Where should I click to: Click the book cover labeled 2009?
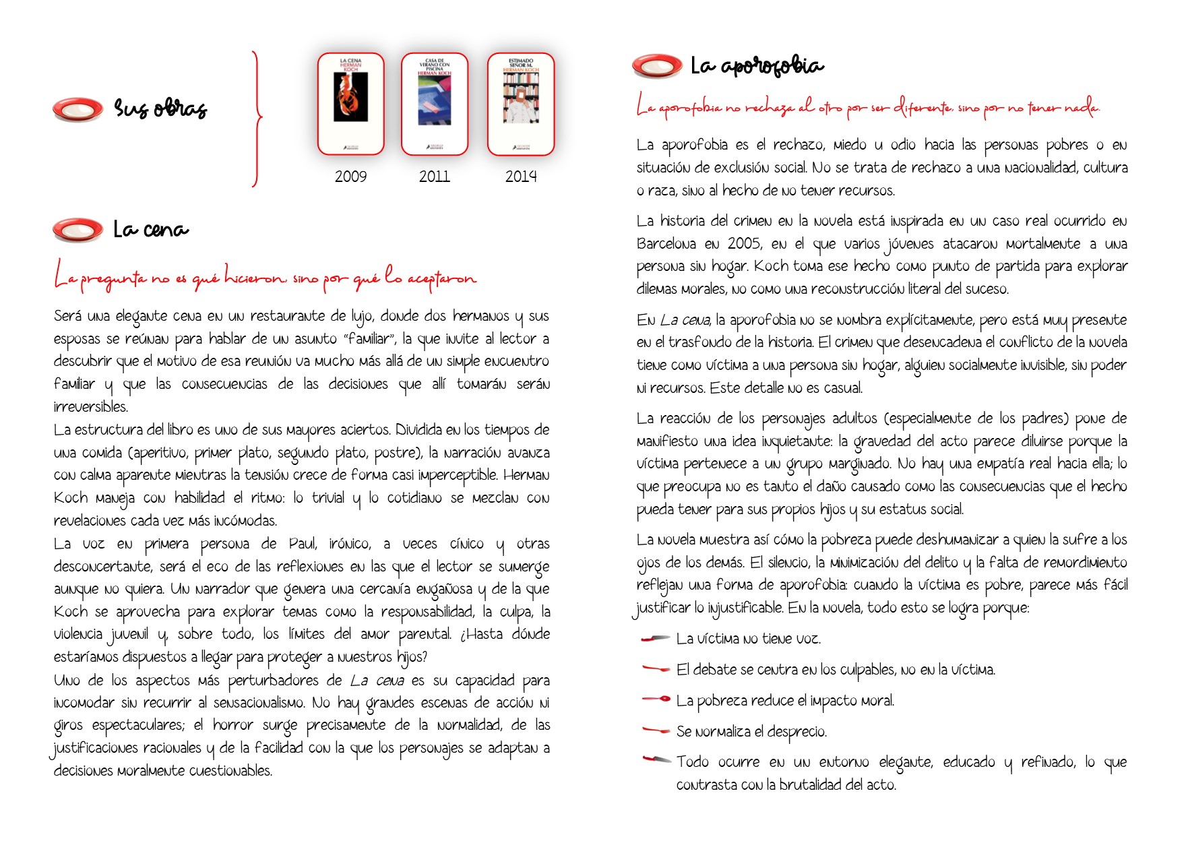[351, 104]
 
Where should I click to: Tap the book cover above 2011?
[435, 104]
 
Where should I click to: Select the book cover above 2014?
[521, 104]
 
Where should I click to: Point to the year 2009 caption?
[351, 177]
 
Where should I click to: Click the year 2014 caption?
[521, 177]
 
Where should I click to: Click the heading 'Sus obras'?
[160, 108]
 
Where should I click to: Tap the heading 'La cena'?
[151, 230]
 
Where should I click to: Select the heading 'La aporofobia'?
[757, 66]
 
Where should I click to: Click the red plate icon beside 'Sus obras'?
[78, 109]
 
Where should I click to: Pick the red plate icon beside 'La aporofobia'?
[657, 65]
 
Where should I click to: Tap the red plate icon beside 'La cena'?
[78, 230]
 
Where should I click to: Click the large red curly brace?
[256, 119]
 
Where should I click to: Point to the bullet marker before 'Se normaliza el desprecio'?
[656, 730]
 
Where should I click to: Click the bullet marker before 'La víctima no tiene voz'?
[656, 638]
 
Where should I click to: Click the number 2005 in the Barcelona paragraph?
[745, 244]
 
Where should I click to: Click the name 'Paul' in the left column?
[303, 544]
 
